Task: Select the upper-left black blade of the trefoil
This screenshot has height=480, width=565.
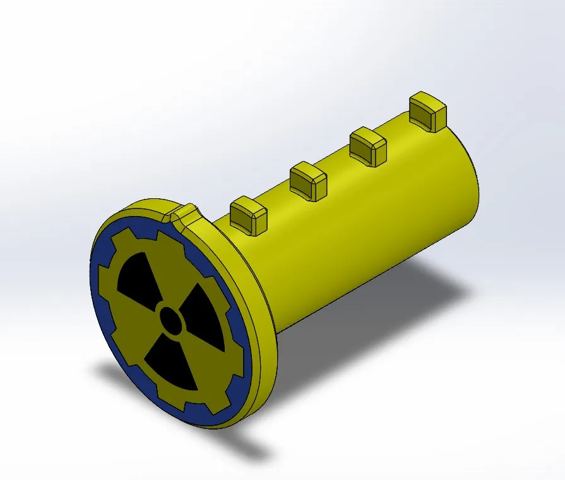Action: (x=137, y=278)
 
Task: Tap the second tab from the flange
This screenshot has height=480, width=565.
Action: (x=308, y=179)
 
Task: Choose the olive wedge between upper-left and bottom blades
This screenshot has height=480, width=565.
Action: (x=133, y=335)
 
